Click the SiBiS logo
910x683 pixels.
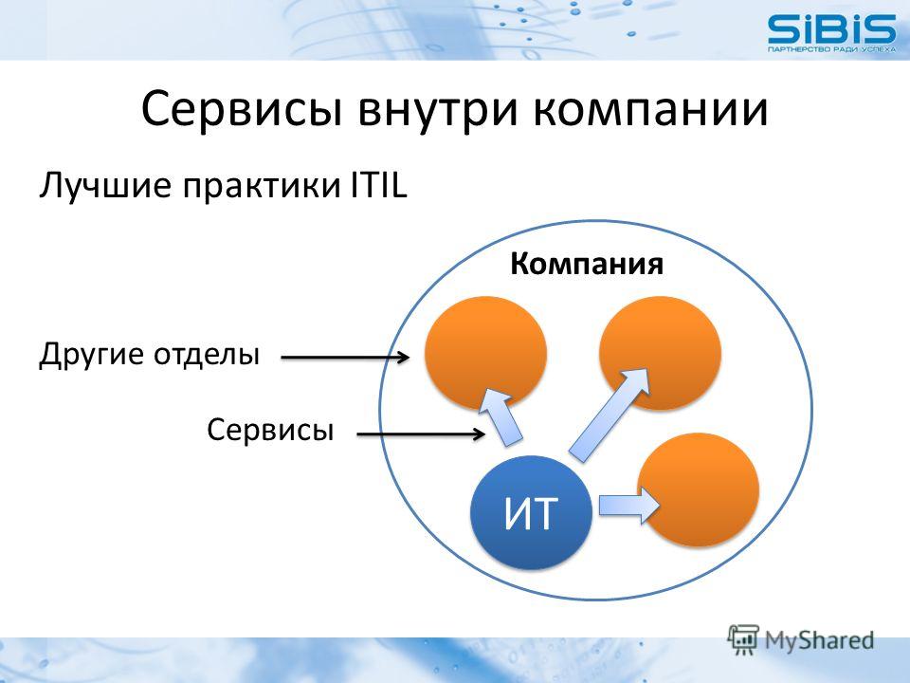pos(831,33)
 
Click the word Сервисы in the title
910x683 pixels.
pos(241,108)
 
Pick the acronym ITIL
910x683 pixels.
pos(378,185)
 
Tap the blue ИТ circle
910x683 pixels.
pos(531,512)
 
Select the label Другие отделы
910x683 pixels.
pos(149,354)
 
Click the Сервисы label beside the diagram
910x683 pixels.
pos(270,431)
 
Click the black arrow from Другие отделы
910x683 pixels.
pos(345,358)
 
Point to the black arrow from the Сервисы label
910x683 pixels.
pos(421,434)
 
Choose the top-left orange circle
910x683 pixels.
pos(485,353)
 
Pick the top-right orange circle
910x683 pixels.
pos(660,353)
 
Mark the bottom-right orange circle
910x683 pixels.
pos(699,489)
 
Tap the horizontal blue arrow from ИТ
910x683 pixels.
pos(629,505)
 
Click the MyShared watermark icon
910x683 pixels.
pos(743,639)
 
